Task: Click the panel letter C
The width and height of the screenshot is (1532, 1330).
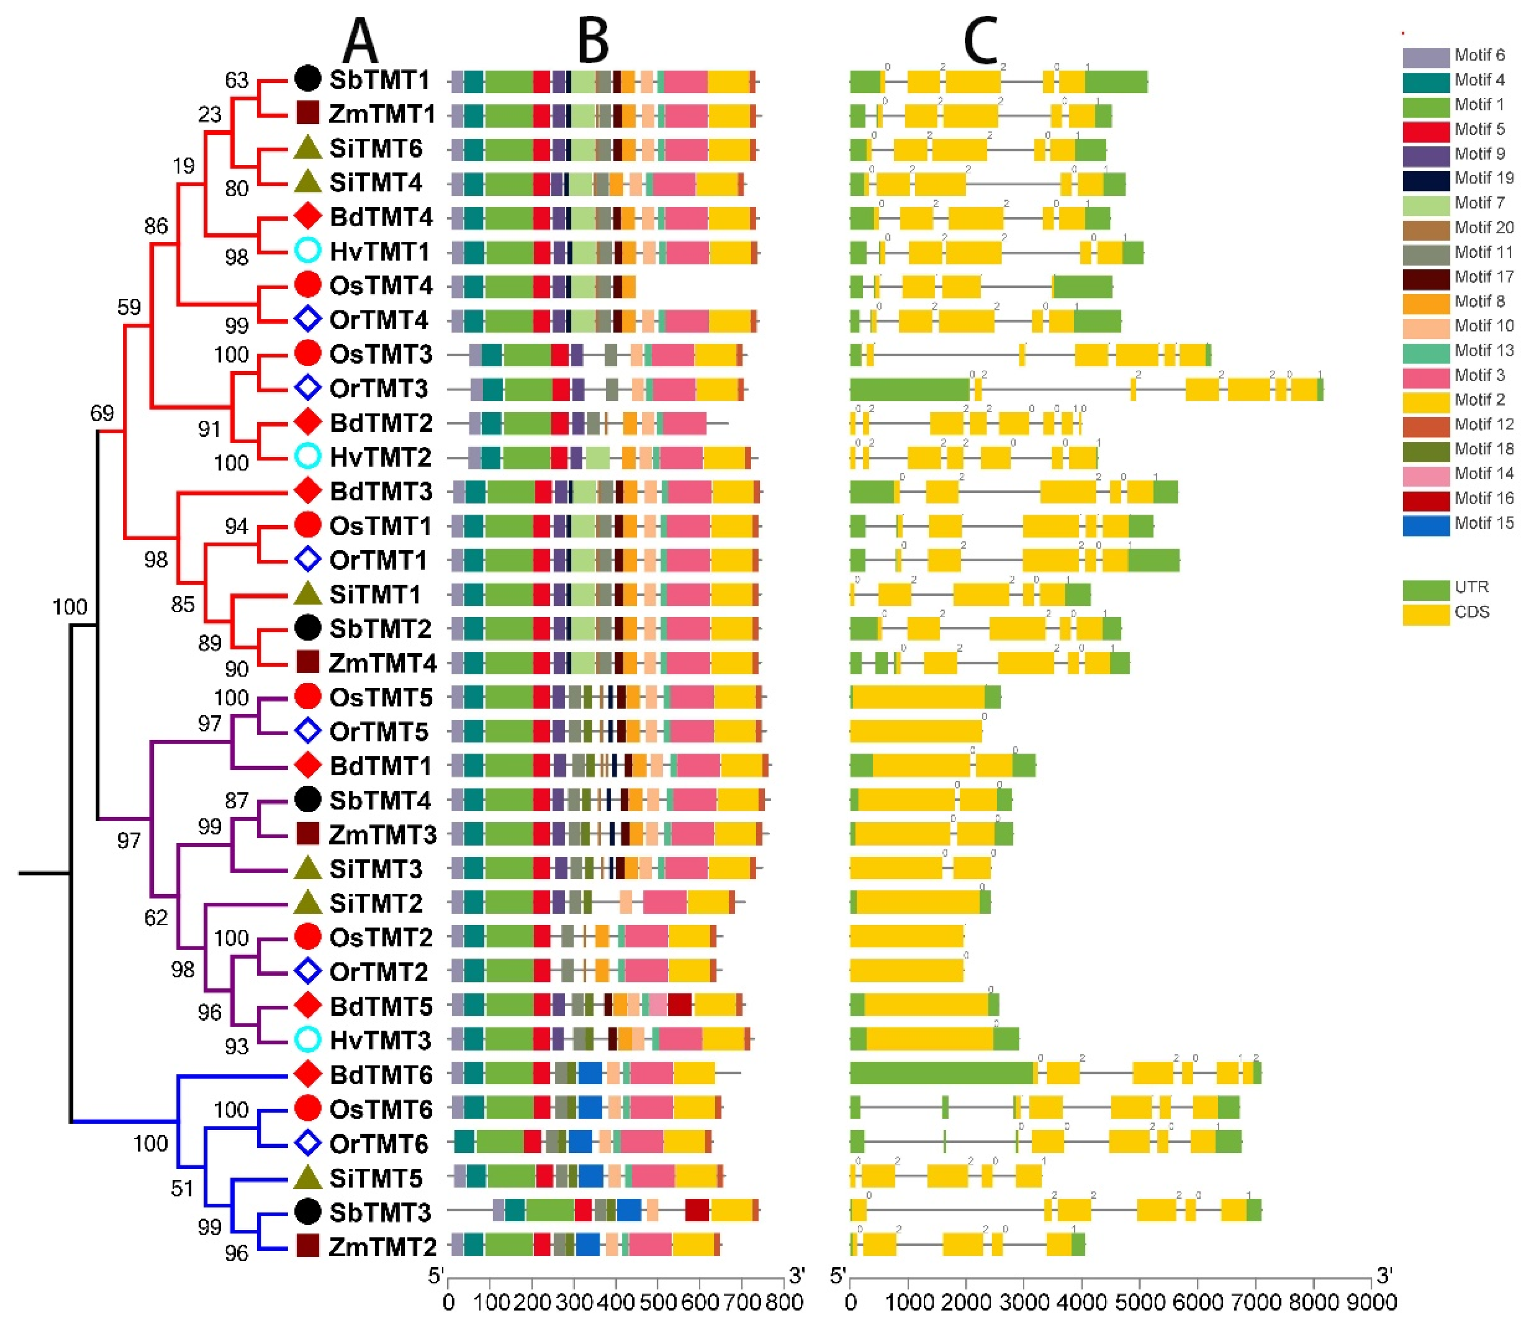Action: pos(981,41)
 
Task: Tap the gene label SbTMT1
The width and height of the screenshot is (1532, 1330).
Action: pos(380,80)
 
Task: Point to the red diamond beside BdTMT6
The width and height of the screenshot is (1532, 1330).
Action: pos(307,1074)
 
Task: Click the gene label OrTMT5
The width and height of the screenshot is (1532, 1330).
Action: pos(378,732)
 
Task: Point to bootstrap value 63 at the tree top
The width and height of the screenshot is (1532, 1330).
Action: pos(237,80)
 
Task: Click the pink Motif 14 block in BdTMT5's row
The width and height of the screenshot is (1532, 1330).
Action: pos(658,1005)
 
